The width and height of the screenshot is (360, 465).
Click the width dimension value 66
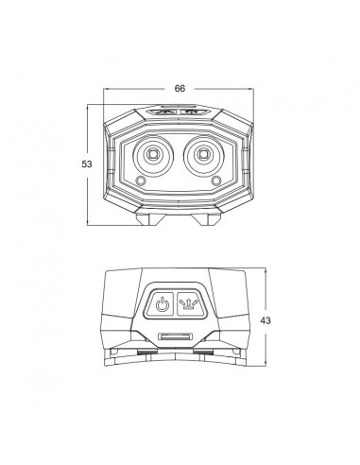180,88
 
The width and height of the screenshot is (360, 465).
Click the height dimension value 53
86,164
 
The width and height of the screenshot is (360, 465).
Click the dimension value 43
279,320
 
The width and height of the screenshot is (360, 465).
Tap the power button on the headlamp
163,305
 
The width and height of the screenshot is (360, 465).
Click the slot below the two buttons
177,336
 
